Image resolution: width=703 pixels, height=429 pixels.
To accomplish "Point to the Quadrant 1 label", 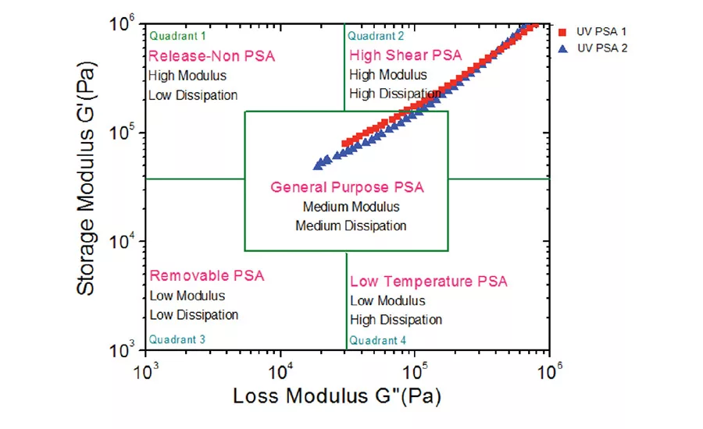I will pos(177,36).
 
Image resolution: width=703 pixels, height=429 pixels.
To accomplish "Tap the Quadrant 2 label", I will pos(376,36).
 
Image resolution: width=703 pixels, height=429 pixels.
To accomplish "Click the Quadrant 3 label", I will pos(177,339).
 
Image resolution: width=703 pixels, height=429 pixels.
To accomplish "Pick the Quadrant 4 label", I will pos(378,340).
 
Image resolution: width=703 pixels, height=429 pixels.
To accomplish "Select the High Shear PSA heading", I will pos(405,55).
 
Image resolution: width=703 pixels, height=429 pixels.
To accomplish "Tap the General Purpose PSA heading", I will pos(347,188).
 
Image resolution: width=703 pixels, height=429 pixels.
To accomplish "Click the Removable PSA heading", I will pos(207,276).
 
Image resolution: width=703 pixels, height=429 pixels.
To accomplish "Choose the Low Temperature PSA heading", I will pos(428,282).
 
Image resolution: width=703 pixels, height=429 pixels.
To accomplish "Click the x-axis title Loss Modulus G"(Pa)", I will pos(337,396).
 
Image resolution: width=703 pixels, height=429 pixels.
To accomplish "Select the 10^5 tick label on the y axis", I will pos(124,133).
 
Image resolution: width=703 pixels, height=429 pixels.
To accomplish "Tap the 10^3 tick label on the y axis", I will pos(124,351).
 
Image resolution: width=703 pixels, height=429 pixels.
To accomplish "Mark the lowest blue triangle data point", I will pos(318,165).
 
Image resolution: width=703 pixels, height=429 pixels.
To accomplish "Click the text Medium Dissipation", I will pos(351,226).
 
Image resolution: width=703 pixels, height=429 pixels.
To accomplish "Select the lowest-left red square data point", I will pos(346,144).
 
